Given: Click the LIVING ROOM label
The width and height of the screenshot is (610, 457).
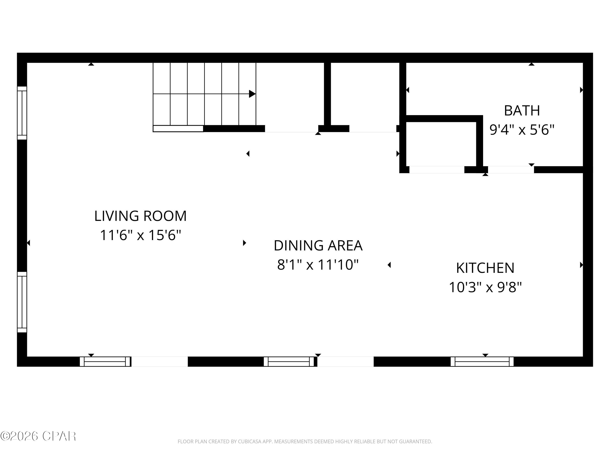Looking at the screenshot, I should (x=140, y=216).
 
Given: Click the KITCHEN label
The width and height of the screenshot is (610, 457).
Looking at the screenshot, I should (x=485, y=268).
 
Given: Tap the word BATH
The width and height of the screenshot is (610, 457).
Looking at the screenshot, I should (x=522, y=111).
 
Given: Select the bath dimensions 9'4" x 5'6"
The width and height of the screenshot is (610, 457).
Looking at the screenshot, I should (x=522, y=130).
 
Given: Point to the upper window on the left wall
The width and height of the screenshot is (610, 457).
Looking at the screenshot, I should (x=22, y=113).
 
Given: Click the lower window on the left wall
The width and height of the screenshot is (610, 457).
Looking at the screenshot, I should (x=22, y=302).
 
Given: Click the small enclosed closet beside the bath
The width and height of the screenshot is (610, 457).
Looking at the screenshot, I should (x=441, y=144).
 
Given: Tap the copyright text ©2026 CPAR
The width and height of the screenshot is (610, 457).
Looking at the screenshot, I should (x=38, y=436).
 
